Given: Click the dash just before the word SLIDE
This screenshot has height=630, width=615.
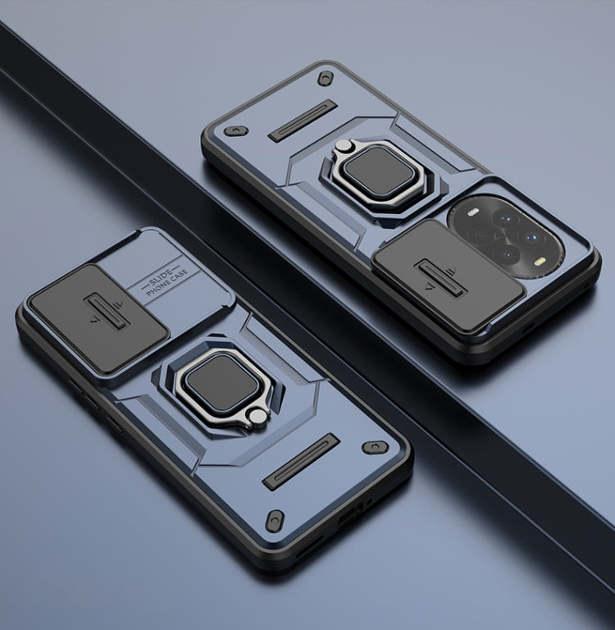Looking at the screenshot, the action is coord(143,285).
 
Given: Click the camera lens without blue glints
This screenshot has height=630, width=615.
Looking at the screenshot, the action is coord(481,235).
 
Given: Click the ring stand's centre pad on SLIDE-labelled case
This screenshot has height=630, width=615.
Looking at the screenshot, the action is coord(222,381).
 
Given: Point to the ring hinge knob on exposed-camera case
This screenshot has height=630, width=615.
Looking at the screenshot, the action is coord(343,145).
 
